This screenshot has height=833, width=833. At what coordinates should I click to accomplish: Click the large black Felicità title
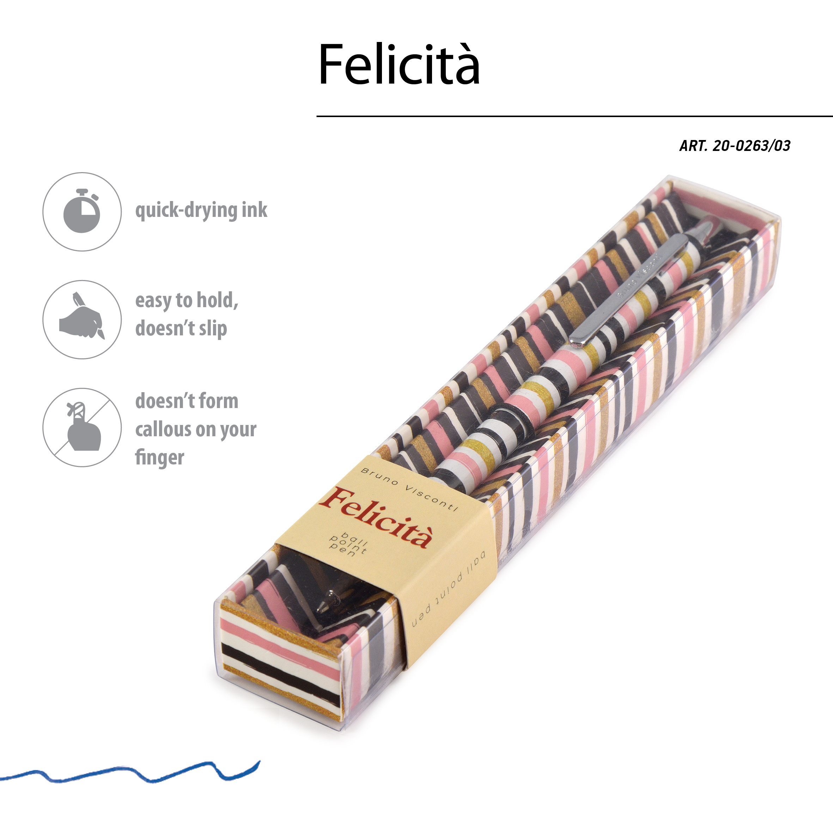399,65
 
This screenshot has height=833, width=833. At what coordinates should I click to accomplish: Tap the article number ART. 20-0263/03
734,146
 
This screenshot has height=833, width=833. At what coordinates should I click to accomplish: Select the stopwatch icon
82,211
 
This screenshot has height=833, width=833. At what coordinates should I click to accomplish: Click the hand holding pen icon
82,320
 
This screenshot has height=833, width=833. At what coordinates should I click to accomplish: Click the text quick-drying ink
201,211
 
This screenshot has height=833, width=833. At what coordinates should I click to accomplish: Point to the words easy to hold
186,300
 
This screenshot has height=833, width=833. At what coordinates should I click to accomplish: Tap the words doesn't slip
181,329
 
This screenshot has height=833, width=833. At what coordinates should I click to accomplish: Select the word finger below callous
159,457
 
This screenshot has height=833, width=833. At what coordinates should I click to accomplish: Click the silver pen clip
630,289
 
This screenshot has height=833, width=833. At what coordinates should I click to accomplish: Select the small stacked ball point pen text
347,544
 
